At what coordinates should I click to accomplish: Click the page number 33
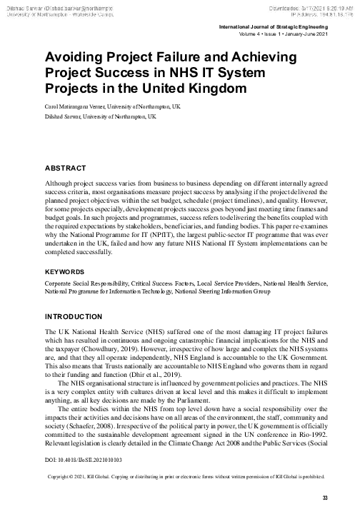324,498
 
